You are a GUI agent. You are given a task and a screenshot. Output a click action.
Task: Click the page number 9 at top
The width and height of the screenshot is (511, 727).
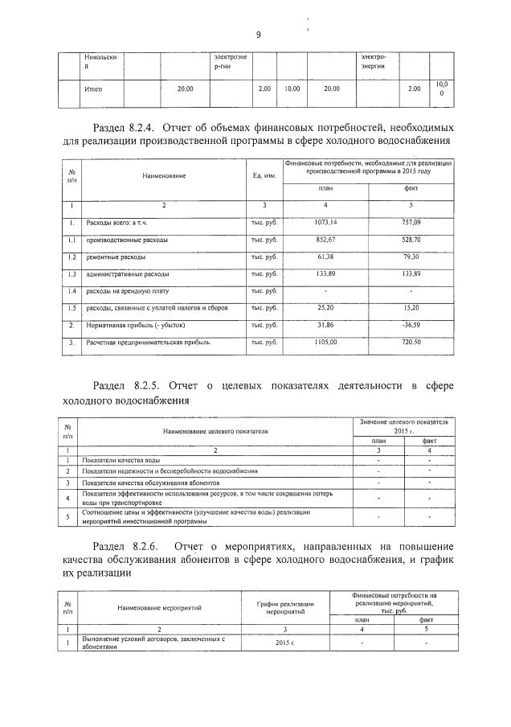tap(259, 34)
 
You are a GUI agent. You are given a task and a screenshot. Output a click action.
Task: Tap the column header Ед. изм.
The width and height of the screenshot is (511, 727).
tap(264, 175)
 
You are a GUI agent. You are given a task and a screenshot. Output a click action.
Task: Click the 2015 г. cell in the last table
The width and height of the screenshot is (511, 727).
tap(284, 643)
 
